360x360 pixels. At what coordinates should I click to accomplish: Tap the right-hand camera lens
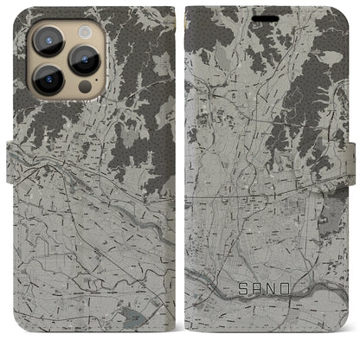tap(84, 59)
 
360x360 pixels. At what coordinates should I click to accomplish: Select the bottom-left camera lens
tap(44, 81)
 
